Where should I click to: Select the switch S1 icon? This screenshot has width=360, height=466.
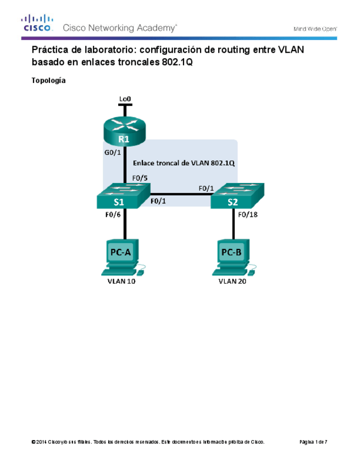(123, 196)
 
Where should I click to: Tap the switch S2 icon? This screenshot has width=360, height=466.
(237, 197)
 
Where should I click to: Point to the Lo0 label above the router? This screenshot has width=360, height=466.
(125, 99)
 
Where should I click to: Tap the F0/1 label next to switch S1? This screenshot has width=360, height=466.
(158, 201)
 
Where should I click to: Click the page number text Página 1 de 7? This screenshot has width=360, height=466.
(313, 442)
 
